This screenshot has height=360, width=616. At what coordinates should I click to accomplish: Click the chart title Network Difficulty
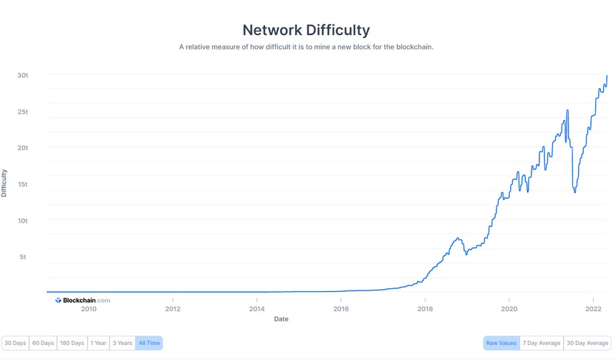pyautogui.click(x=306, y=30)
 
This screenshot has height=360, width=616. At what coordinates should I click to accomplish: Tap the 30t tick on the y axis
pyautogui.click(x=23, y=75)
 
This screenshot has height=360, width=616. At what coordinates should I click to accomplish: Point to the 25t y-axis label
pyautogui.click(x=23, y=112)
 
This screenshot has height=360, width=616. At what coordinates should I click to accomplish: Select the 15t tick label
pyautogui.click(x=23, y=184)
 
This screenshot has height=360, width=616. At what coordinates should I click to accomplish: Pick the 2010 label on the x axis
pyautogui.click(x=88, y=309)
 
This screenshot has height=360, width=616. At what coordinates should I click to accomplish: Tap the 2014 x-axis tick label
pyautogui.click(x=256, y=309)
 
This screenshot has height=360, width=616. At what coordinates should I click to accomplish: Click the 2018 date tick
pyautogui.click(x=425, y=309)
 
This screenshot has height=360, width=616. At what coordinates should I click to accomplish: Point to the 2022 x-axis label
pyautogui.click(x=593, y=309)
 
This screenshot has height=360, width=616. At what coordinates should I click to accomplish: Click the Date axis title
pyautogui.click(x=281, y=319)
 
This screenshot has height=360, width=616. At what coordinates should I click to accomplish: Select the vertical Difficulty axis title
pyautogui.click(x=4, y=183)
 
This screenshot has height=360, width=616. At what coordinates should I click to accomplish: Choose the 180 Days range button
pyautogui.click(x=73, y=344)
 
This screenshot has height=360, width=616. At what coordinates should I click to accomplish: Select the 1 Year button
pyautogui.click(x=99, y=344)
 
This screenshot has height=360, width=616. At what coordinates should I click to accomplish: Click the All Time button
pyautogui.click(x=150, y=344)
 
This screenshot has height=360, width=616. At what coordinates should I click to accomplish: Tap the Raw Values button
pyautogui.click(x=501, y=344)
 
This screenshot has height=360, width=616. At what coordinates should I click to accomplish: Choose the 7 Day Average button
pyautogui.click(x=542, y=344)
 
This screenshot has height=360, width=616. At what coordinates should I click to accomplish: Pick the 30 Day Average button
pyautogui.click(x=587, y=344)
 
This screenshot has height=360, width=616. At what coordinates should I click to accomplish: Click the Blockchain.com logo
pyautogui.click(x=82, y=301)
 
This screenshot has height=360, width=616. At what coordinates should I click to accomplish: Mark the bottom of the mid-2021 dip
pyautogui.click(x=574, y=192)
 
